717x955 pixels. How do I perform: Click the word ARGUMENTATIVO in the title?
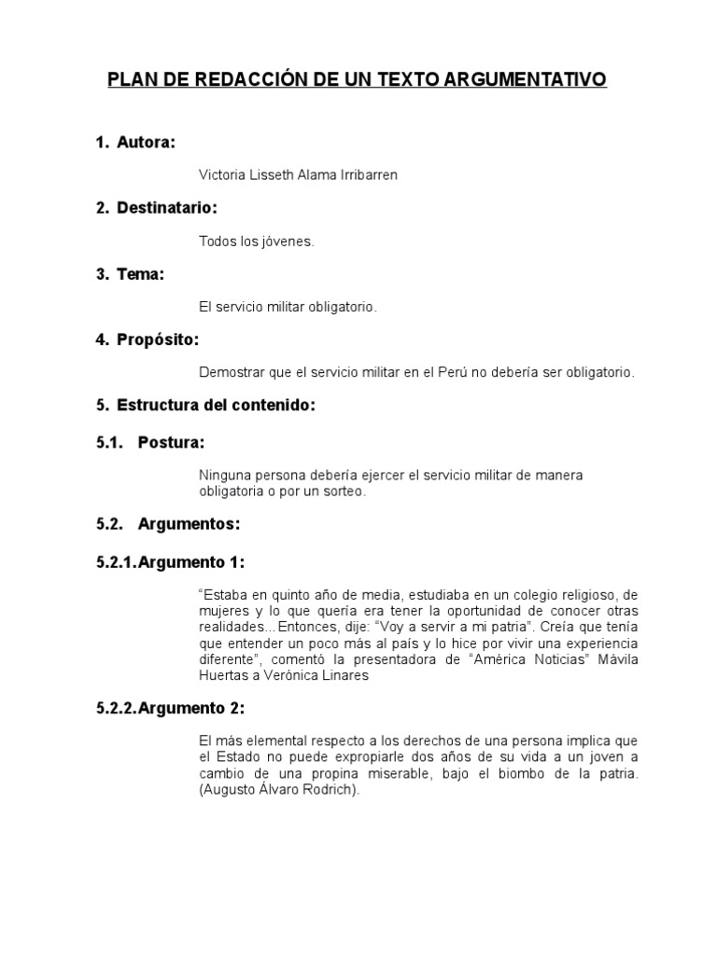[527, 81]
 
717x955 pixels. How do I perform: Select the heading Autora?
[147, 143]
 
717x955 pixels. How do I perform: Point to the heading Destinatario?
[167, 209]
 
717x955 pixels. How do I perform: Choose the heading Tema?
[141, 274]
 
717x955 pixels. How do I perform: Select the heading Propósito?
[158, 339]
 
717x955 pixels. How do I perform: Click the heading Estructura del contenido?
[216, 405]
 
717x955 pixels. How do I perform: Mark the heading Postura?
[171, 442]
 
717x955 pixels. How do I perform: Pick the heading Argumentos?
[189, 525]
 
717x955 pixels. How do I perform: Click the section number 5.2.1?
[116, 562]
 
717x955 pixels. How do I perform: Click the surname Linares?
[342, 676]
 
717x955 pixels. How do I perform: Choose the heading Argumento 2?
[191, 709]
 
